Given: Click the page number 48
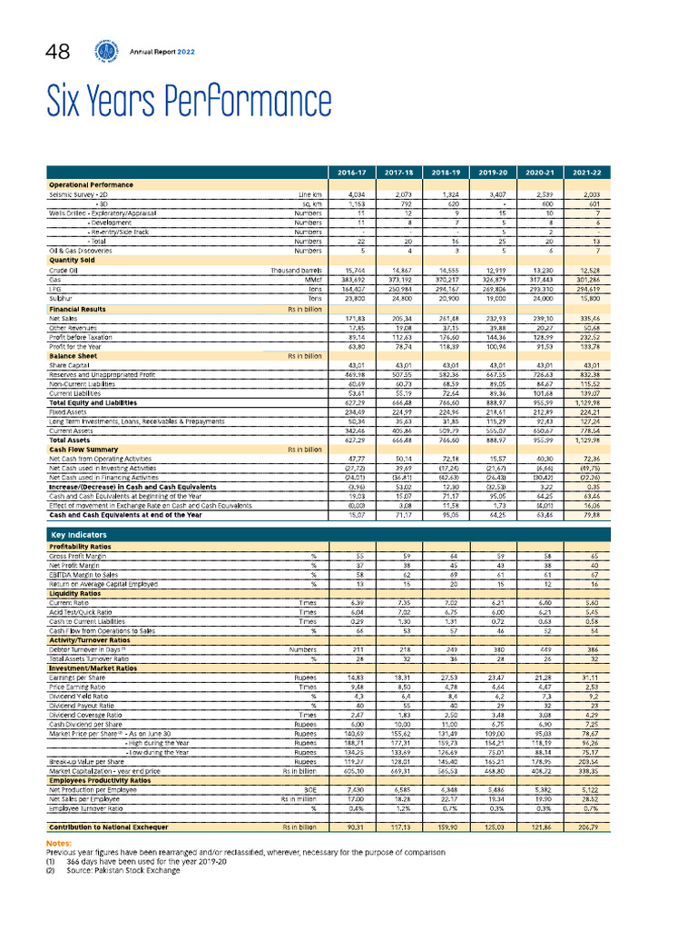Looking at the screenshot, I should [63, 54].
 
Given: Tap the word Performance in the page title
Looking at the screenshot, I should [238, 103].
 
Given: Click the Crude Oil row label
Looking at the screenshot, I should [64, 271].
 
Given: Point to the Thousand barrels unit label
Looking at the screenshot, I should [296, 271].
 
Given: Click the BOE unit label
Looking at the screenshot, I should [313, 791].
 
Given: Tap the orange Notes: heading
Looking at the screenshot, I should [58, 844].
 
